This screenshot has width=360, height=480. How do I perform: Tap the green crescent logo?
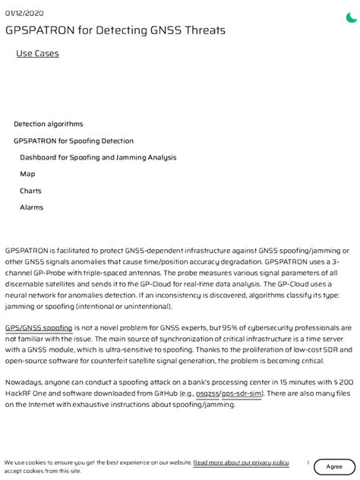tap(351, 17)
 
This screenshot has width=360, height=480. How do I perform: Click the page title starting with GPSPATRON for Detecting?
tap(115, 30)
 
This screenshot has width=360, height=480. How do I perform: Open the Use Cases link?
tap(37, 53)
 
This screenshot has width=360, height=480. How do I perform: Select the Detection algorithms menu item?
tap(49, 124)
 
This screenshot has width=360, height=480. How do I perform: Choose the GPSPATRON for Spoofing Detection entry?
tap(74, 141)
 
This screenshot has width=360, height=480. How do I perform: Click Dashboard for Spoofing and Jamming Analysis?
tap(98, 157)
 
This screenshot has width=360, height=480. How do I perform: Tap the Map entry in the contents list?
tap(27, 174)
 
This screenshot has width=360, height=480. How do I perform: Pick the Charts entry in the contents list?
tap(30, 191)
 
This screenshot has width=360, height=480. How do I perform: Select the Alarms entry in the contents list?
tap(31, 207)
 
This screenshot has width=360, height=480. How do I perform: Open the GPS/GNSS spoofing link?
tap(39, 327)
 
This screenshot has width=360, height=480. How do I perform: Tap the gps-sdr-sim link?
tap(242, 394)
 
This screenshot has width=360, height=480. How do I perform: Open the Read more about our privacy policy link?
tap(241, 462)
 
